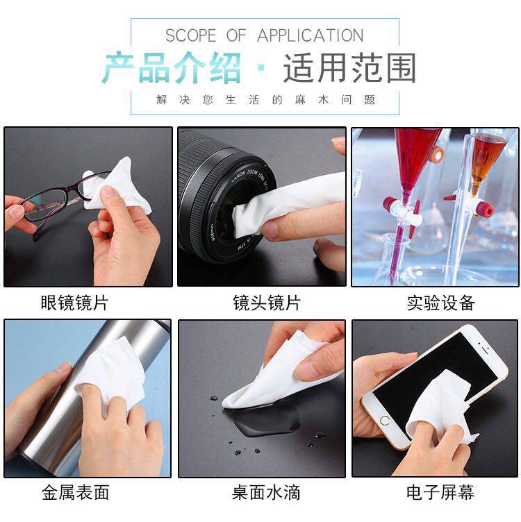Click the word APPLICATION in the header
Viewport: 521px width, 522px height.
click(x=310, y=35)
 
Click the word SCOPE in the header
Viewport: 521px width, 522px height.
click(x=191, y=35)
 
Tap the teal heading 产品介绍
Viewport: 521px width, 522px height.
click(x=172, y=68)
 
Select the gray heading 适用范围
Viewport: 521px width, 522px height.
click(x=349, y=68)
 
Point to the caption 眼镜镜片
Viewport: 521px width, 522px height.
click(x=74, y=303)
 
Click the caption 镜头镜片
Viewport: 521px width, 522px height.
click(x=267, y=303)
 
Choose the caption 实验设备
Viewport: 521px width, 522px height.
click(x=440, y=303)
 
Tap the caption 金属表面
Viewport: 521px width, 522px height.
click(x=76, y=492)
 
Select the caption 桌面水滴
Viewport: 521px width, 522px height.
click(x=266, y=492)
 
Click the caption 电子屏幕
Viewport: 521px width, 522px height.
click(x=440, y=492)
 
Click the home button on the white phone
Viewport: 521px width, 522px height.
click(x=384, y=421)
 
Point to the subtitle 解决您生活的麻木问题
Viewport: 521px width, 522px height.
click(x=265, y=99)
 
